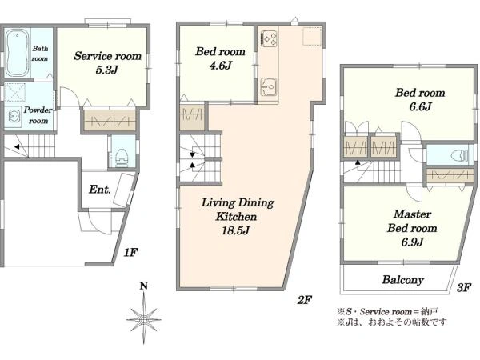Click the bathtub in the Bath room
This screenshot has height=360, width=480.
tap(17, 52)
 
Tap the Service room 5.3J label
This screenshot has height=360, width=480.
tap(107, 62)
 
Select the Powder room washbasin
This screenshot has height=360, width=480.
tap(13, 118)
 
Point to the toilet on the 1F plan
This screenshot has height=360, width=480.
tap(122, 158)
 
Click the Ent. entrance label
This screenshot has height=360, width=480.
tap(100, 190)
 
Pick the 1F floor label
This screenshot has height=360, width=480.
tap(130, 252)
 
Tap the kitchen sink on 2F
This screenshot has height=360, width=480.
tap(269, 86)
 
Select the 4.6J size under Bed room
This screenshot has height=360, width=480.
tap(221, 66)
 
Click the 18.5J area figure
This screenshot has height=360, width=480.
tap(236, 230)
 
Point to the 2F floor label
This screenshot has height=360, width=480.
tap(304, 300)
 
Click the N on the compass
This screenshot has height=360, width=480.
tap(143, 286)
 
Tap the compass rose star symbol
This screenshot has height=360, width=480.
tap(143, 319)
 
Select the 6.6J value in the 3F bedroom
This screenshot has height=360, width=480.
tap(420, 106)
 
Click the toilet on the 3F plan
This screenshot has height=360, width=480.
tap(460, 155)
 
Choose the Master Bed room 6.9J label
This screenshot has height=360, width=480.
tap(412, 228)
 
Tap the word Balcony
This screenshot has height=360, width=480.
tap(403, 280)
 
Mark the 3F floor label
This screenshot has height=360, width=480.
tap(464, 287)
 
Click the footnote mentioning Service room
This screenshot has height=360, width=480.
tap(387, 312)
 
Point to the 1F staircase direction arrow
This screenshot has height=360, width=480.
tap(17, 146)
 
